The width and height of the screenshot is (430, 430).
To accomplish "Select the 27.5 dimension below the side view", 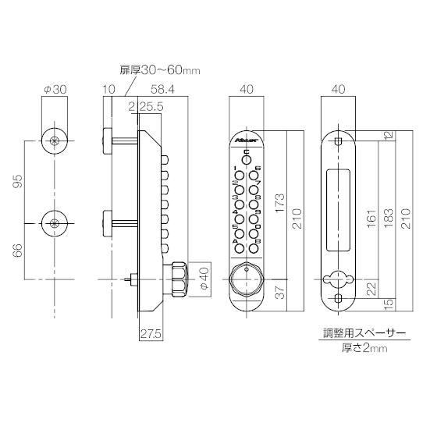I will (x=151, y=334).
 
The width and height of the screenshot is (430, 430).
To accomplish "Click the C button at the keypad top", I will (x=247, y=159).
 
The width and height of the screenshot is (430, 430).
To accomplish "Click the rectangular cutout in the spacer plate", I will (x=338, y=209).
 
